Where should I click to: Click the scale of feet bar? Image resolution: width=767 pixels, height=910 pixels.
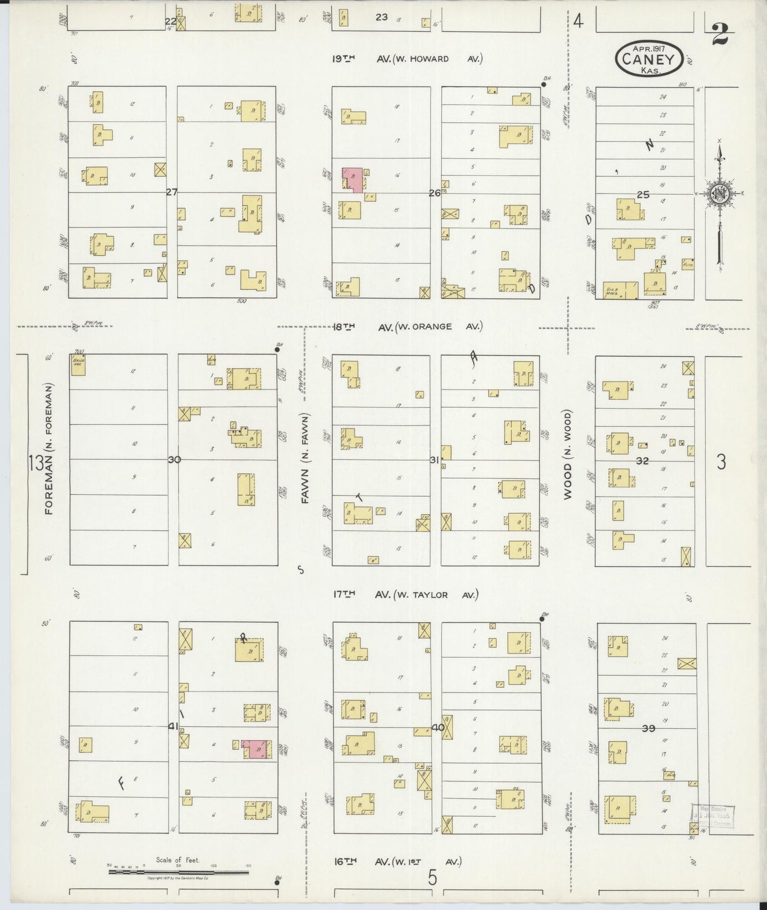click(x=178, y=871)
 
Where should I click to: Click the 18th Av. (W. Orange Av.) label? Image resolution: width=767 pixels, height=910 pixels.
click(x=408, y=327)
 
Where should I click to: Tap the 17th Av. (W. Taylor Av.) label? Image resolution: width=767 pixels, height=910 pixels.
click(x=406, y=595)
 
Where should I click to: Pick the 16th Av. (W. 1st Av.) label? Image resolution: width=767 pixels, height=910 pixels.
click(x=397, y=862)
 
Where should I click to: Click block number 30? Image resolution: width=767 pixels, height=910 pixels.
click(x=174, y=459)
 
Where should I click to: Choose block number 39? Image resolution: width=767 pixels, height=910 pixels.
click(x=648, y=729)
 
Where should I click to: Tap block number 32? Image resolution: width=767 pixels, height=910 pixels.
click(x=642, y=461)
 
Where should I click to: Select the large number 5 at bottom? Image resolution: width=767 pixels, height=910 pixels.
click(x=433, y=879)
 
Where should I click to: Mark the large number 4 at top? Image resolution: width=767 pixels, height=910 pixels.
click(x=578, y=22)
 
